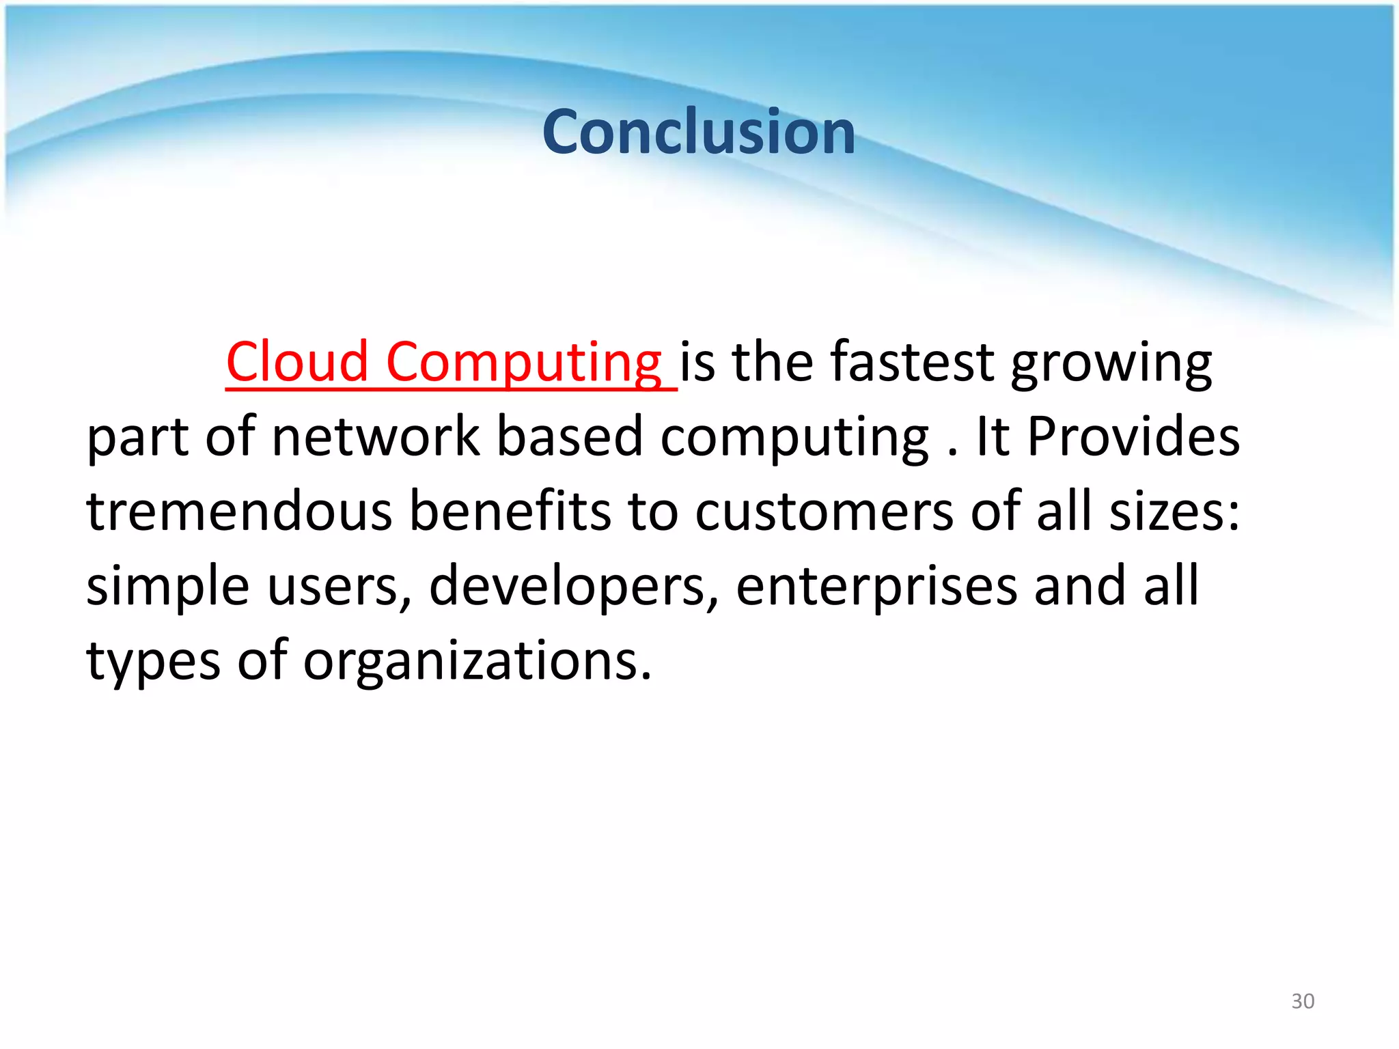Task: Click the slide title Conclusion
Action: [x=698, y=132]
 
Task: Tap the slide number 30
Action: [x=1303, y=1001]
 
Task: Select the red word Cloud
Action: [x=297, y=361]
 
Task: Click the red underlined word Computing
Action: [x=524, y=361]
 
